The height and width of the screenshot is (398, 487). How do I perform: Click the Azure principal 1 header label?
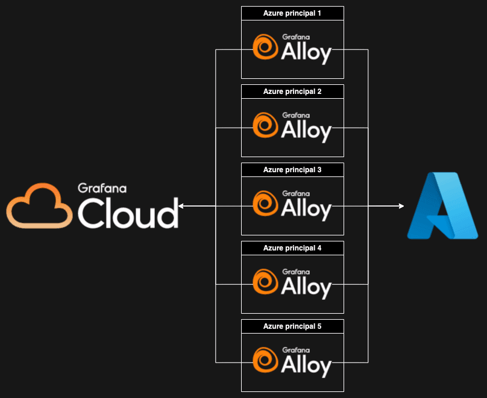[292, 13]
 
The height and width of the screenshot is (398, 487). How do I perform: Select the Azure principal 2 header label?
[292, 92]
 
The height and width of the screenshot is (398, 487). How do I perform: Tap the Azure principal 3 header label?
[292, 170]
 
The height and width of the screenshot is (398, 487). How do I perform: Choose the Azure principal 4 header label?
[292, 248]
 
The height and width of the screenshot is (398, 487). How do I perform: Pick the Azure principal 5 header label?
[292, 326]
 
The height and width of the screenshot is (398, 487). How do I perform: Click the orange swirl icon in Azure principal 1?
[265, 48]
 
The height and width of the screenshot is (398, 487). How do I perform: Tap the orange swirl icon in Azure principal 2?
[265, 126]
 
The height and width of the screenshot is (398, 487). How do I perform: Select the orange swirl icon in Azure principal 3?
[265, 204]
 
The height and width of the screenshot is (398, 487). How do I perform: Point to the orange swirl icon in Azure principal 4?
[265, 282]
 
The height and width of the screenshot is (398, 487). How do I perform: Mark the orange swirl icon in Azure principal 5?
[265, 361]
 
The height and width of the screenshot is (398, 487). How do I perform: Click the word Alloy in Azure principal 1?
[306, 53]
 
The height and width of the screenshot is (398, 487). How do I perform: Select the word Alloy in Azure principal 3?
[306, 210]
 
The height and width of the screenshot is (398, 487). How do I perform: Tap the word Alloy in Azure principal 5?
[306, 366]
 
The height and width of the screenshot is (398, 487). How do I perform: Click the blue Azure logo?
[442, 205]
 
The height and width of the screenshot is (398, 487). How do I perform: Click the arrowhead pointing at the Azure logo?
[401, 207]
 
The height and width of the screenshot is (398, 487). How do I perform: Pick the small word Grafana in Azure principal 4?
[296, 272]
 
